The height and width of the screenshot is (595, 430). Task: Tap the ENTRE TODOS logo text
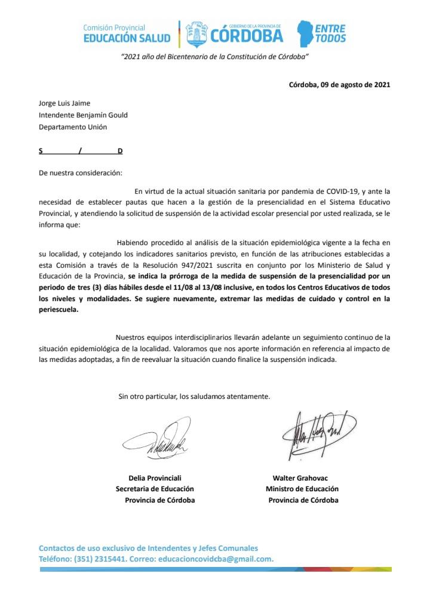pyautogui.click(x=330, y=33)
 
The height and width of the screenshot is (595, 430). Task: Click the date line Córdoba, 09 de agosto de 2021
pyautogui.click(x=339, y=84)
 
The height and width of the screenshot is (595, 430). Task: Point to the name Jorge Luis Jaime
pyautogui.click(x=64, y=103)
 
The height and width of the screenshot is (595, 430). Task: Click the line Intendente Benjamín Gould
pyautogui.click(x=83, y=115)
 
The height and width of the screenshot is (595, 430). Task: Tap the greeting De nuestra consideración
pyautogui.click(x=80, y=173)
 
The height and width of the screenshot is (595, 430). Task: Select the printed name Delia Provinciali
pyautogui.click(x=155, y=478)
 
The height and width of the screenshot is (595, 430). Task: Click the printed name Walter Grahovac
pyautogui.click(x=300, y=478)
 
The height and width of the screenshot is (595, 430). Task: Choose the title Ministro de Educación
pyautogui.click(x=302, y=489)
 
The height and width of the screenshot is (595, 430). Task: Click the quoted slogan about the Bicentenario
pyautogui.click(x=214, y=57)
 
